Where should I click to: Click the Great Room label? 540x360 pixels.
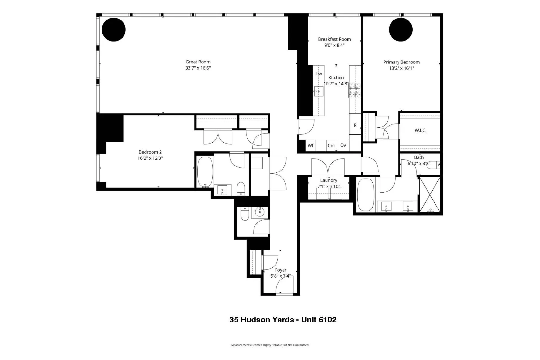pyautogui.click(x=198, y=62)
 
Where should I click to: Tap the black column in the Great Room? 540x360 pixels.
pyautogui.click(x=114, y=29)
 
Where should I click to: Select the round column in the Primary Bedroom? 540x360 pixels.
pyautogui.click(x=401, y=29)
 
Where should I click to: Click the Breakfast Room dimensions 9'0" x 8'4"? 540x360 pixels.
pyautogui.click(x=334, y=45)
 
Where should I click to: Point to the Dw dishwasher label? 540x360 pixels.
pyautogui.click(x=319, y=74)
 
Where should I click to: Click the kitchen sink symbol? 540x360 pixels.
pyautogui.click(x=318, y=91)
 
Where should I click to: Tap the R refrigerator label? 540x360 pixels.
pyautogui.click(x=355, y=125)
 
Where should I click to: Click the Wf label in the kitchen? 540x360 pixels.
pyautogui.click(x=310, y=146)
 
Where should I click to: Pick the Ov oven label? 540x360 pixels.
pyautogui.click(x=343, y=145)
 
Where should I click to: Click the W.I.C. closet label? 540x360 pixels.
pyautogui.click(x=420, y=131)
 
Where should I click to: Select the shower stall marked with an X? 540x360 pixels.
pyautogui.click(x=430, y=194)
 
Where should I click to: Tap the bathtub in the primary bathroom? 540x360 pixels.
pyautogui.click(x=366, y=194)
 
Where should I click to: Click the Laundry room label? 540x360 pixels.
pyautogui.click(x=329, y=180)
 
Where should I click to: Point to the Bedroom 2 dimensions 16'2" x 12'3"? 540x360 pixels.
pyautogui.click(x=150, y=158)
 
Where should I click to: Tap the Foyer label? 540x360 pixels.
pyautogui.click(x=281, y=270)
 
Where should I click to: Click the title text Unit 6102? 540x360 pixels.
pyautogui.click(x=319, y=320)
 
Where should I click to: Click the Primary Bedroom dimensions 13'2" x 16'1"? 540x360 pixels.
pyautogui.click(x=401, y=68)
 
